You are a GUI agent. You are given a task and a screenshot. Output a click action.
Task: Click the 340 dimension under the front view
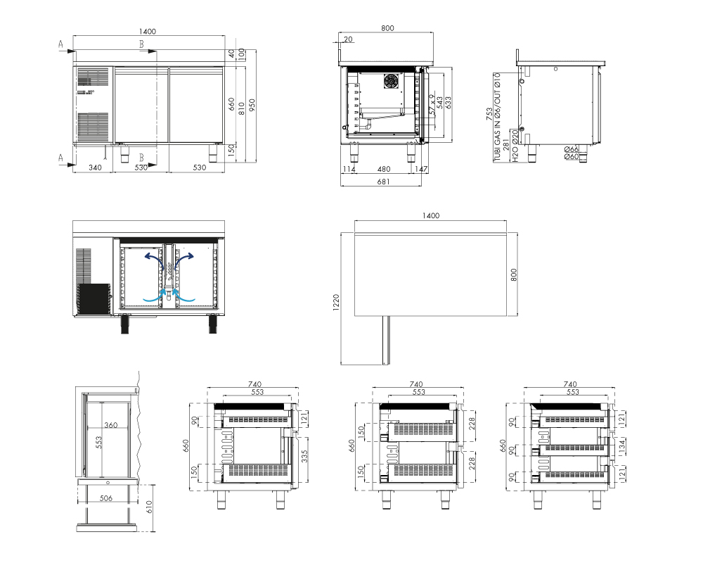point(95,167)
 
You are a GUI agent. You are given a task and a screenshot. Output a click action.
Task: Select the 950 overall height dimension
point(252,106)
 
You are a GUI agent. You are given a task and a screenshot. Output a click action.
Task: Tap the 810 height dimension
point(242,108)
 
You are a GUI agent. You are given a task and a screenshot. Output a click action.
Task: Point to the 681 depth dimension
point(383,182)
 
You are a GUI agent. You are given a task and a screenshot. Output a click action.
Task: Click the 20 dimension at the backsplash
point(349,39)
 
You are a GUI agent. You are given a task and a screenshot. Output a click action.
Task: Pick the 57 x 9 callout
point(432,104)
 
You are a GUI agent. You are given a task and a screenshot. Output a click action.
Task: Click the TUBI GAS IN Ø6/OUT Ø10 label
point(497,117)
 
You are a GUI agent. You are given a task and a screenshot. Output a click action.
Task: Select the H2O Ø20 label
point(515,146)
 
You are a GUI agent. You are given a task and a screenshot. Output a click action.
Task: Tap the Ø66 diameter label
point(572,149)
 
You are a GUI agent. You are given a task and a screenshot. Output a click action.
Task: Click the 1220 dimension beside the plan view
point(336,303)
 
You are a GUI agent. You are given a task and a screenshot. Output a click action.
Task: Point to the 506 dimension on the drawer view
point(106,498)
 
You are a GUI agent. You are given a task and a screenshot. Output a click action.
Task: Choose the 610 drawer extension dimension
point(149,507)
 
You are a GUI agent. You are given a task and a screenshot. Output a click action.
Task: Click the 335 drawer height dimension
point(305,457)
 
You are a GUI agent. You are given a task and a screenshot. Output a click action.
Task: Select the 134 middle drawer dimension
point(621,447)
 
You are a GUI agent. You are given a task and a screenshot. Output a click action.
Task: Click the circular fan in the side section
point(391,81)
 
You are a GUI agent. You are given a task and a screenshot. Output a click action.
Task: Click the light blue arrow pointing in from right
point(184,295)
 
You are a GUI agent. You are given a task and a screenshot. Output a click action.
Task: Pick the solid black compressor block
point(93,299)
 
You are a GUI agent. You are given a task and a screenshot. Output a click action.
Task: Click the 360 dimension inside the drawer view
point(111,425)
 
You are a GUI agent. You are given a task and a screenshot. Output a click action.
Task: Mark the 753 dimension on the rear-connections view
point(489,114)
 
